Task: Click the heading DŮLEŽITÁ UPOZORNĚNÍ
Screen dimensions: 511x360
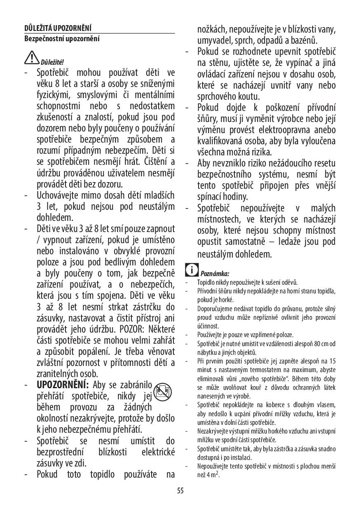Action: (58, 28)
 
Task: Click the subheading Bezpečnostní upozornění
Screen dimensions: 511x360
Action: (62, 39)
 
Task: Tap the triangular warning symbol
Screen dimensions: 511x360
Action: (31, 58)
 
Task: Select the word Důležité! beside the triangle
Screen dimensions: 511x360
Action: (52, 62)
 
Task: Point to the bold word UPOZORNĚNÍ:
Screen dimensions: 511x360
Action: (63, 385)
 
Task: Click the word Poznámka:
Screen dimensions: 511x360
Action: (215, 273)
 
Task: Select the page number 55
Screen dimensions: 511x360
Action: (180, 490)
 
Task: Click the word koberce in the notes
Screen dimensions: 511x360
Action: (273, 405)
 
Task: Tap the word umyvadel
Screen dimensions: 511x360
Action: (215, 41)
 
